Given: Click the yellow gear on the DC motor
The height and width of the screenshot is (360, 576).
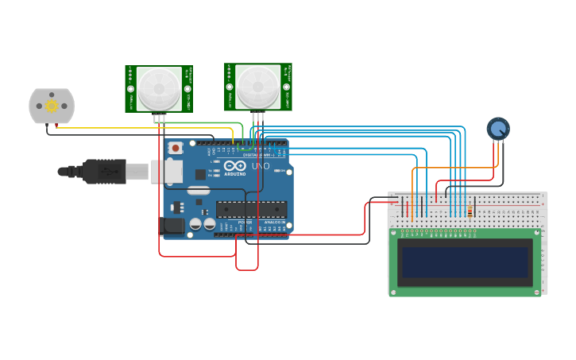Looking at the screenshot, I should (x=52, y=106).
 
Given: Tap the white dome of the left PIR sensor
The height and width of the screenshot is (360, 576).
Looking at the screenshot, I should (x=158, y=87).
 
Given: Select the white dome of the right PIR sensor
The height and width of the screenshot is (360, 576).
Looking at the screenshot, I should (x=258, y=86).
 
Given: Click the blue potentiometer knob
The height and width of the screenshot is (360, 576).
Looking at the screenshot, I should (x=498, y=128).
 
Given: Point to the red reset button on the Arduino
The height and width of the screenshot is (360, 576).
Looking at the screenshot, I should (x=176, y=148).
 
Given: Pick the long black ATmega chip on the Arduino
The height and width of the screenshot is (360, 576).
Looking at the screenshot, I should (x=251, y=209).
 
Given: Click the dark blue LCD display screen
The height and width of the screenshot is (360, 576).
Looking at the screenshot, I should (x=465, y=261).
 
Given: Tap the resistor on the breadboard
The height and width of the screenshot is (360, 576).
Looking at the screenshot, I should (x=470, y=211).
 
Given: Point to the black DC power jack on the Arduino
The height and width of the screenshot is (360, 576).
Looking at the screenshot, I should (x=173, y=226).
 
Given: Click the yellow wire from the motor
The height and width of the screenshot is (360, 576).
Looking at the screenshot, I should (x=143, y=127).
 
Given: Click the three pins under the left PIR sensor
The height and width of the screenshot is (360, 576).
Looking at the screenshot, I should (x=160, y=118).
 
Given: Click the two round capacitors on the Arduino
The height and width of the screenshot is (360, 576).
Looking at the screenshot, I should (x=202, y=225).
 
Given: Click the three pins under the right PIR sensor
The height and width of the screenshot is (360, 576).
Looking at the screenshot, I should (x=257, y=117).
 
